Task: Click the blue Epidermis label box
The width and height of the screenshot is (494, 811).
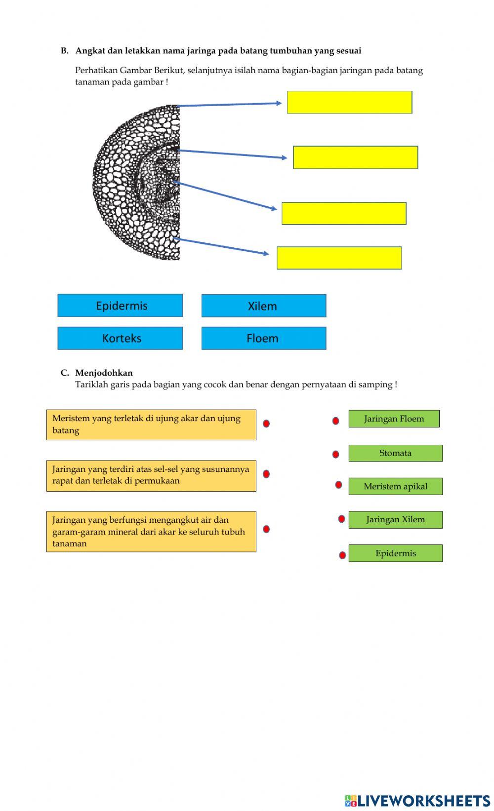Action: pyautogui.click(x=120, y=306)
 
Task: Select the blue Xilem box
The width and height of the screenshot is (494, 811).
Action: pyautogui.click(x=264, y=306)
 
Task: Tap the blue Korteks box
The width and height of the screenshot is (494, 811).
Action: pyautogui.click(x=120, y=338)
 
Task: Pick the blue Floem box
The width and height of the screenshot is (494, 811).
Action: pyautogui.click(x=264, y=338)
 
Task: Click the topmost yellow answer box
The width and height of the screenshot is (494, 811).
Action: pyautogui.click(x=349, y=102)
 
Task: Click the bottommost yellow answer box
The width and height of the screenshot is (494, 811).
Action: pyautogui.click(x=339, y=258)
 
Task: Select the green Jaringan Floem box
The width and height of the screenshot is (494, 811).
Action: pyautogui.click(x=394, y=419)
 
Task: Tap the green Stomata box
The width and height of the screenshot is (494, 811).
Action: pyautogui.click(x=395, y=453)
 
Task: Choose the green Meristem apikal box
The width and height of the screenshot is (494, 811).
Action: pyautogui.click(x=395, y=486)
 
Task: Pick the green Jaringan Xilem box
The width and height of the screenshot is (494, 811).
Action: pyautogui.click(x=395, y=520)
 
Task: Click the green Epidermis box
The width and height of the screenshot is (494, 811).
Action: pyautogui.click(x=395, y=553)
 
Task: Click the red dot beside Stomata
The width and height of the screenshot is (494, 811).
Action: pyautogui.click(x=335, y=454)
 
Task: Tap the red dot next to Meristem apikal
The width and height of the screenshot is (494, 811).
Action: pyautogui.click(x=338, y=485)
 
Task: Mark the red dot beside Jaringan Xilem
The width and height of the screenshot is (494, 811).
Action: pyautogui.click(x=341, y=519)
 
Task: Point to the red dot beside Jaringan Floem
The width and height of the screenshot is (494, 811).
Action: pyautogui.click(x=335, y=421)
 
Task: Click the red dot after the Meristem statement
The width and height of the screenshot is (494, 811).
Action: pyautogui.click(x=266, y=424)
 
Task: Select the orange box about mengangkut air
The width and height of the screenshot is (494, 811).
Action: pyautogui.click(x=151, y=532)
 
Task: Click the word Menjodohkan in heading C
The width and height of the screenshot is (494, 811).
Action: pyautogui.click(x=104, y=373)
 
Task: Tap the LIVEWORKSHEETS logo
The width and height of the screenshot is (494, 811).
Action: pyautogui.click(x=417, y=801)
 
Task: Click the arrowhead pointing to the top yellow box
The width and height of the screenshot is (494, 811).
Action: pyautogui.click(x=279, y=103)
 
